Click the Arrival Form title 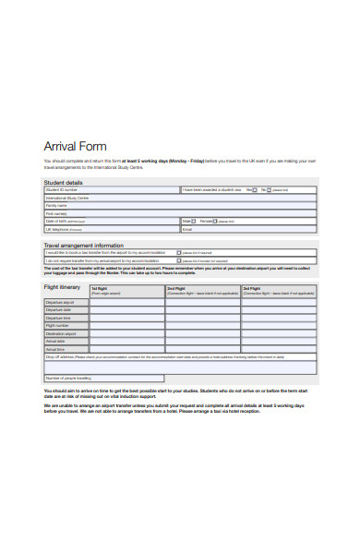(76, 146)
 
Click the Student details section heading (63, 184)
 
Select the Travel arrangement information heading (84, 245)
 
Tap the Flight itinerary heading (64, 288)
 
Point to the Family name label (57, 205)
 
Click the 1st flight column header (99, 289)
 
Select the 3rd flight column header (251, 289)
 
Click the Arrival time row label (57, 349)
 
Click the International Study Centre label (68, 198)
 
